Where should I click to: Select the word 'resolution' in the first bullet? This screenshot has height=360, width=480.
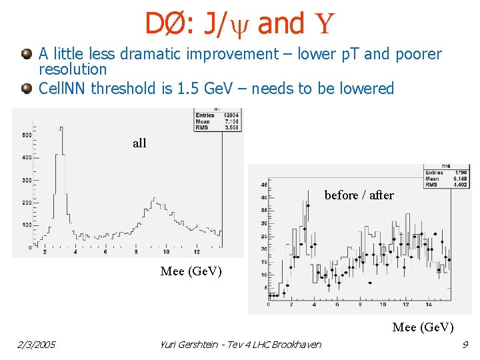pyautogui.click(x=73, y=69)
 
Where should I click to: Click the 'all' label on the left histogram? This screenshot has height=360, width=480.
pyautogui.click(x=139, y=143)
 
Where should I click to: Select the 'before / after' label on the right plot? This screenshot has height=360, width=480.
pyautogui.click(x=359, y=195)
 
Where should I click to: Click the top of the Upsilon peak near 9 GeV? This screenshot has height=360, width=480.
pyautogui.click(x=155, y=198)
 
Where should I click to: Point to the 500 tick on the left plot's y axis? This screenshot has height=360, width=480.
pyautogui.click(x=27, y=135)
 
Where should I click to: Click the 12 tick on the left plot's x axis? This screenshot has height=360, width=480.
pyautogui.click(x=196, y=252)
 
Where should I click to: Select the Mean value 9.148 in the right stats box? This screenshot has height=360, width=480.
pyautogui.click(x=460, y=178)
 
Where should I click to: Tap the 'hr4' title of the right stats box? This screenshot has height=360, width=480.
pyautogui.click(x=447, y=166)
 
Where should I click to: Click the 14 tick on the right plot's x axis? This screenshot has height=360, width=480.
pyautogui.click(x=428, y=304)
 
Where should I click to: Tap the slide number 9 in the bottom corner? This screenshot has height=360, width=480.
pyautogui.click(x=465, y=345)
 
